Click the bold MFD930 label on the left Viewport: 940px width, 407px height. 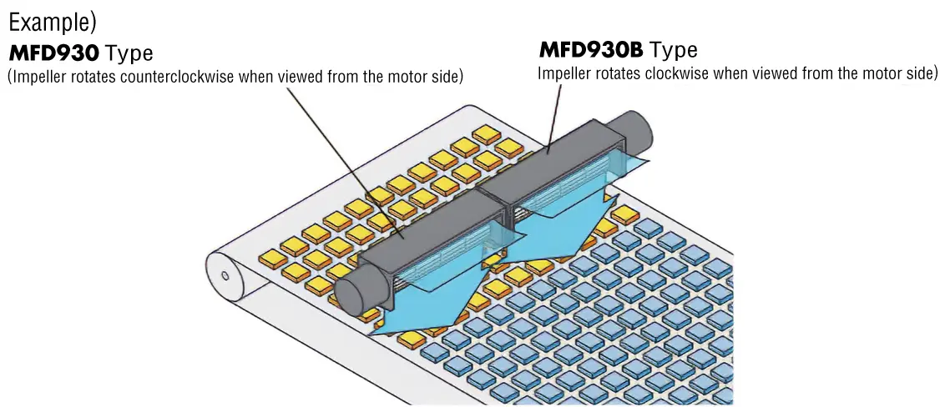54,54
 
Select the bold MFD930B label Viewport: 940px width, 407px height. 591,50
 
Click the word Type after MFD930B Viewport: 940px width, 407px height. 674,50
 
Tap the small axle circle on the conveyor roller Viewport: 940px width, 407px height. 225,274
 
